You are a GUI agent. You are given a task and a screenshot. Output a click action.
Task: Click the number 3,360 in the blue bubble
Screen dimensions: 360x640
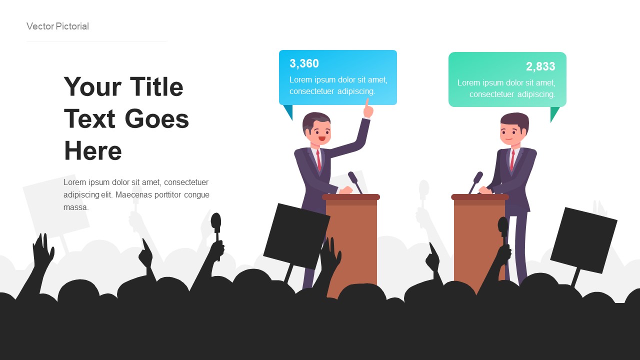pos(304,63)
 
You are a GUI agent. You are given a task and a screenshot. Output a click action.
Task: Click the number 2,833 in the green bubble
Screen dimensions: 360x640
pos(540,66)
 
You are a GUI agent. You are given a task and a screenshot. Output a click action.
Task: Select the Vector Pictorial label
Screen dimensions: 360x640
pos(57,26)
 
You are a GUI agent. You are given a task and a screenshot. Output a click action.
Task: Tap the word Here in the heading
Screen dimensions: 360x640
pos(93,150)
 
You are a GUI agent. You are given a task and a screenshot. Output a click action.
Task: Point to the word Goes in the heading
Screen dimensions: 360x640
pos(156,119)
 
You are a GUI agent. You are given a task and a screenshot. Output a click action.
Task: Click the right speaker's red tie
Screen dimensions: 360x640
pos(511,160)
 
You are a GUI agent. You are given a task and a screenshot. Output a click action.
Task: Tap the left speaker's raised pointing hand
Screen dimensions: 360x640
pos(368,109)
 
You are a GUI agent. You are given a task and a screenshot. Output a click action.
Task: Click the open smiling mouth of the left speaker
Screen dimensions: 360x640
pos(321,138)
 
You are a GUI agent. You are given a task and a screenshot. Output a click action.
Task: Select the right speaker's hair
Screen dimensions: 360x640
pos(515,119)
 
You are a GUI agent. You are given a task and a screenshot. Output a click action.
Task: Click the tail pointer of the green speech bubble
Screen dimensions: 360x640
pos(554,113)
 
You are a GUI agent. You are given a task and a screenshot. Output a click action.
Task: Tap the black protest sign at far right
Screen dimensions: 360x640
pos(583,240)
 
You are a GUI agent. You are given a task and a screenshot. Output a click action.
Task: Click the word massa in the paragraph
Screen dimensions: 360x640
pos(76,207)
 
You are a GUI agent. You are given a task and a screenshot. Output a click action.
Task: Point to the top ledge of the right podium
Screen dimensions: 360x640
pos(480,197)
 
